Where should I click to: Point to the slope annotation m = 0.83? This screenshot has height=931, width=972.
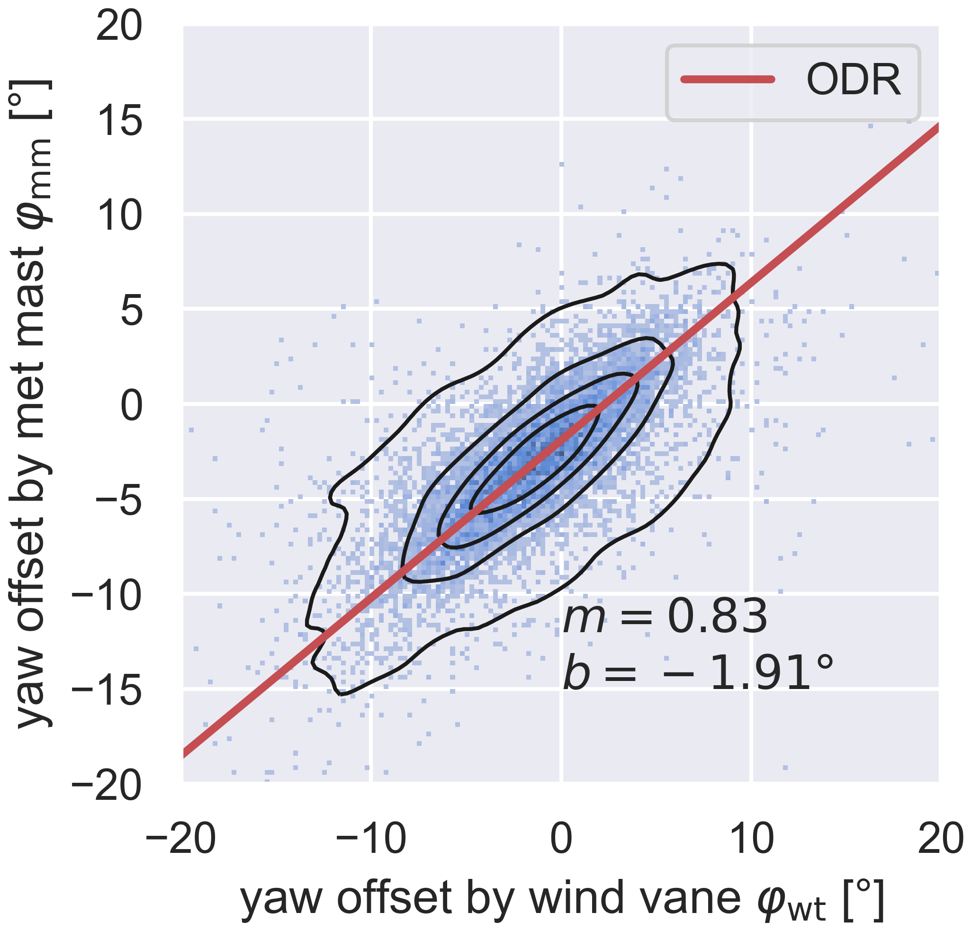click(x=665, y=617)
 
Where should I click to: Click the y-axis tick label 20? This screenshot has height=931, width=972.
click(x=119, y=27)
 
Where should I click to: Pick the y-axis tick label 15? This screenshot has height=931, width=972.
click(x=119, y=121)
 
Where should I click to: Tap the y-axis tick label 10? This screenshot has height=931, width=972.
click(x=119, y=216)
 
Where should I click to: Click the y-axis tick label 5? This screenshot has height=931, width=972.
click(x=131, y=312)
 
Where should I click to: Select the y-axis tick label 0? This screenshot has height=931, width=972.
click(x=131, y=406)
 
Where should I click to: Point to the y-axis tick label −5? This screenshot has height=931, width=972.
click(x=119, y=501)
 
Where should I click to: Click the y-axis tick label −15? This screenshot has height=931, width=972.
click(x=107, y=692)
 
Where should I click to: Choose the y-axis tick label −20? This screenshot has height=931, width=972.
click(x=107, y=787)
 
